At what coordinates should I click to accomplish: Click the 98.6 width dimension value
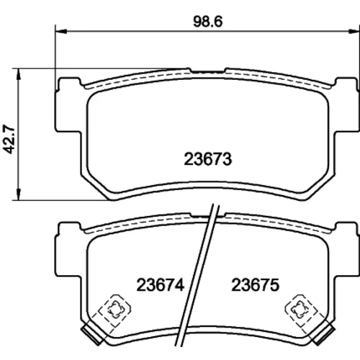[x=208, y=22]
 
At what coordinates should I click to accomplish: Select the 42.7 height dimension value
[x=9, y=139]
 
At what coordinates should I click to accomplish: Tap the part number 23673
[x=208, y=159]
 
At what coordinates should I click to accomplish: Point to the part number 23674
[x=160, y=285]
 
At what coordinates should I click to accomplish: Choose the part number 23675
[x=256, y=285]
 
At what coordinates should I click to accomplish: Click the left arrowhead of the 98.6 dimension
[x=60, y=31]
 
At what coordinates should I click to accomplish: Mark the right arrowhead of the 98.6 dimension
[x=354, y=31]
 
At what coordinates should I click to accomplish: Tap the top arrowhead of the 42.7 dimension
[x=18, y=74]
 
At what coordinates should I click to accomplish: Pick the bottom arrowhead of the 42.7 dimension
[x=18, y=194]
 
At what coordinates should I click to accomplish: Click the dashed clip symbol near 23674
[x=115, y=310]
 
